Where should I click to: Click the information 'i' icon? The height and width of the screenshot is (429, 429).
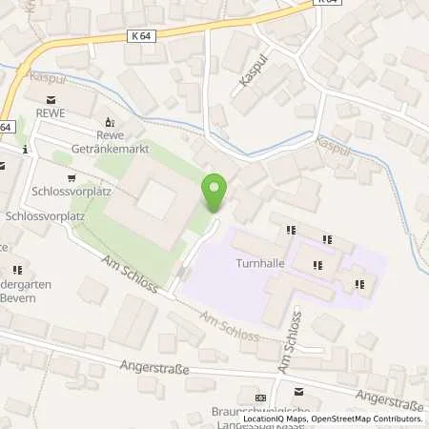tap(26, 150)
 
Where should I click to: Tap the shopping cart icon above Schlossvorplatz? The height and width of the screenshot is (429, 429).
tap(71, 177)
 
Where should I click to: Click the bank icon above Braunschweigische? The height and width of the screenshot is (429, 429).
tap(260, 398)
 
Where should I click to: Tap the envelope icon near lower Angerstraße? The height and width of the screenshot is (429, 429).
tap(299, 391)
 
